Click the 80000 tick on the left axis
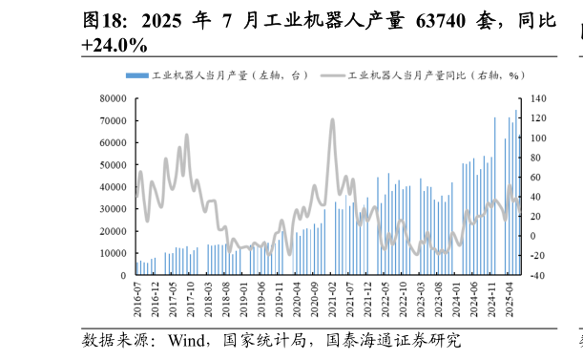114,98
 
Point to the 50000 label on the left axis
114,165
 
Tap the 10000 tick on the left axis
114,253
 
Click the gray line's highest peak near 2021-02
332,120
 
